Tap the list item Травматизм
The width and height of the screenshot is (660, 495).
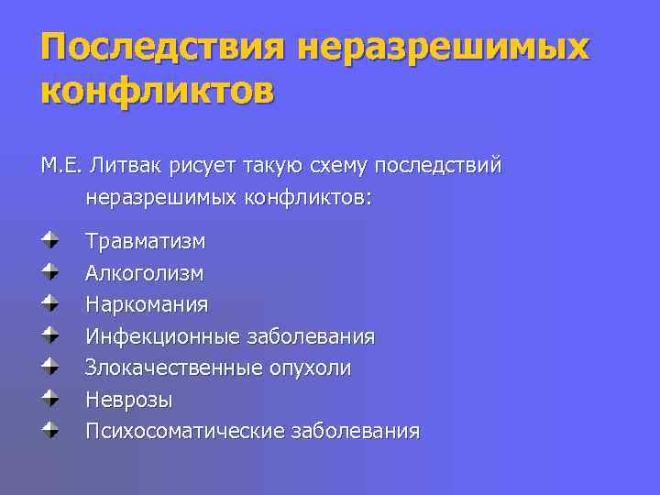tap(145, 241)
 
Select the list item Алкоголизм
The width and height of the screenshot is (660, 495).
tap(144, 272)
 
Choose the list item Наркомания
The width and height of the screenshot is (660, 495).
tap(147, 303)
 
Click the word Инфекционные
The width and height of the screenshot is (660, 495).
tap(163, 336)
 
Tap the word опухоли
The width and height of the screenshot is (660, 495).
tap(311, 368)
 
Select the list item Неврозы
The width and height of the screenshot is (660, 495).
tap(128, 400)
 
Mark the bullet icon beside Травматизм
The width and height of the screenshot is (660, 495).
tap(49, 240)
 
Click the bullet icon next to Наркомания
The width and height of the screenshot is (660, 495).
tap(49, 303)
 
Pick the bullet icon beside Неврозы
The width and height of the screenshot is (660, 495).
tap(49, 399)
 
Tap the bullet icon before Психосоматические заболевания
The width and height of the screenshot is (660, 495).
tap(49, 430)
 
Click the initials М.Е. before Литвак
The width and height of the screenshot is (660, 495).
tap(62, 166)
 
